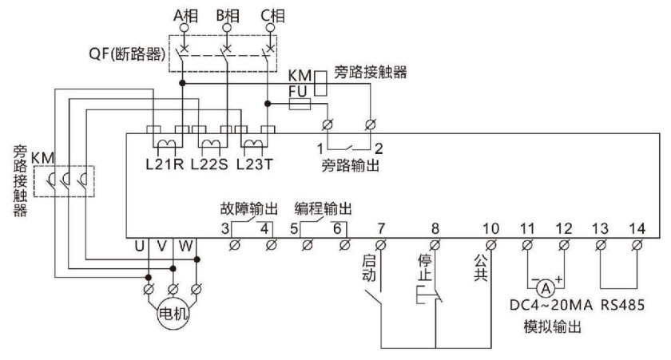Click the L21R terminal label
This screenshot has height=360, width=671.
click(165, 168)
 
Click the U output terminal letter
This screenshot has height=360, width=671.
click(139, 246)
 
